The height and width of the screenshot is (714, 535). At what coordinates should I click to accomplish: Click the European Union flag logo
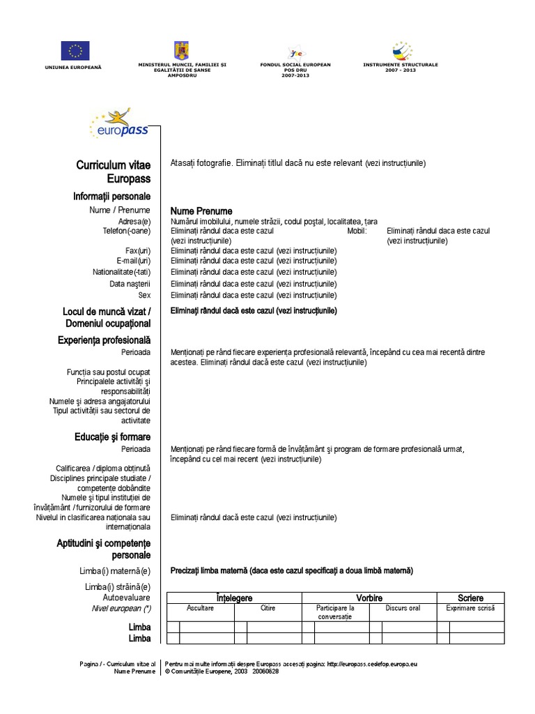[x=75, y=51]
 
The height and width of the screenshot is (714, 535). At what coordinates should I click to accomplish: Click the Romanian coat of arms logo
[x=182, y=50]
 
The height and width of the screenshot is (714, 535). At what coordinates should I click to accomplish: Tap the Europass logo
[x=118, y=125]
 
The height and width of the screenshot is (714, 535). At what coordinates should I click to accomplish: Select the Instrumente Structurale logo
[x=401, y=50]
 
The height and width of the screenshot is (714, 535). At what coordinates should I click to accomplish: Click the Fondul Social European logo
[x=295, y=53]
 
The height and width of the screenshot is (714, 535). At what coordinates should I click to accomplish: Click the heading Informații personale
[x=111, y=197]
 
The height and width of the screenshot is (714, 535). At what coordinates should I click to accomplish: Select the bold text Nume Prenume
[x=201, y=211]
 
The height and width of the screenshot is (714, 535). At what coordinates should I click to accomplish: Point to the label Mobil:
[x=356, y=231]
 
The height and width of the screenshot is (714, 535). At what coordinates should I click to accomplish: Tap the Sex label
[x=144, y=295]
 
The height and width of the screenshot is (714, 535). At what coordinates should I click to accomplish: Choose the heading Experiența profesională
[x=104, y=340]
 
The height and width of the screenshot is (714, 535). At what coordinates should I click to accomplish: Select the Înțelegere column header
[x=234, y=598]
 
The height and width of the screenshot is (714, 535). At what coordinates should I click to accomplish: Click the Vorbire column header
[x=369, y=598]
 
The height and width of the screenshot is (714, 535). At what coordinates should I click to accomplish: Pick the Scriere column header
[x=470, y=598]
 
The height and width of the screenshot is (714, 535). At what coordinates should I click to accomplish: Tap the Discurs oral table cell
[x=403, y=608]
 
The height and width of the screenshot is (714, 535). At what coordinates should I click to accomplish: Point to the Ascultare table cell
[x=201, y=608]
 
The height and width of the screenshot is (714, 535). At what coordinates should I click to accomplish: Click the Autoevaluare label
[x=126, y=598]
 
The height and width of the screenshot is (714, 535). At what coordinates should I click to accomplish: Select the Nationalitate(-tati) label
[x=122, y=272]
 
